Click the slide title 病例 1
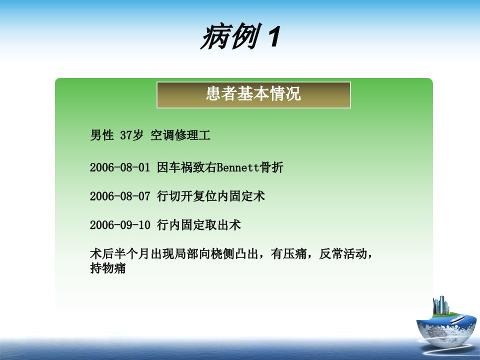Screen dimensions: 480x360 (240, 36)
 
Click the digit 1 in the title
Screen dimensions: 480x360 (274, 36)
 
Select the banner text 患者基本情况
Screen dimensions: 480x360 (253, 93)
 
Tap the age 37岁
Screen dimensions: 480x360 (131, 135)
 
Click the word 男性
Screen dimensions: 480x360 (102, 135)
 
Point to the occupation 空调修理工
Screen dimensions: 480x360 (180, 135)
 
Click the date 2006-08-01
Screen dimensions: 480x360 (120, 167)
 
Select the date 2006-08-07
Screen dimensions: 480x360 (120, 196)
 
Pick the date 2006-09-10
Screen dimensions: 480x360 (120, 225)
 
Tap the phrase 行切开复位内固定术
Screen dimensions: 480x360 (211, 196)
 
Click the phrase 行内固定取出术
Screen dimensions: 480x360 (199, 225)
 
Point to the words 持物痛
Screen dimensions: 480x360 (108, 268)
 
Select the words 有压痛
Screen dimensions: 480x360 (288, 254)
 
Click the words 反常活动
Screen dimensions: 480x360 (343, 254)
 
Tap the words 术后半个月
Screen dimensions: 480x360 (120, 254)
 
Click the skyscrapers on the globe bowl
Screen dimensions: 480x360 (441, 305)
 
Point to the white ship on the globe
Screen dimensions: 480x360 (457, 319)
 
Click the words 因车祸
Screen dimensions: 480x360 (174, 167)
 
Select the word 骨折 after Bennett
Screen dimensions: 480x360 (271, 167)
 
